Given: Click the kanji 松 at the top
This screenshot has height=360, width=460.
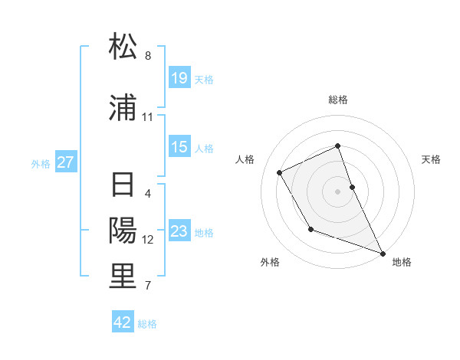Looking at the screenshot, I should tap(123, 47).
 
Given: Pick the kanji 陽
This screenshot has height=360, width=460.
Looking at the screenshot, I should tap(123, 231).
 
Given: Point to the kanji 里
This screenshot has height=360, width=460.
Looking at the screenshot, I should tap(123, 277).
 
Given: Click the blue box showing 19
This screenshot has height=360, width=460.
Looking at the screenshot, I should tap(179, 78).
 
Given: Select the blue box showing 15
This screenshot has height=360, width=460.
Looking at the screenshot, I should tap(179, 147).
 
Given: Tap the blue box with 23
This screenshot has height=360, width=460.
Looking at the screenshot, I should tap(179, 231).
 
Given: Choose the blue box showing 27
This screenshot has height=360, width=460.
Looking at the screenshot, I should tap(66, 162).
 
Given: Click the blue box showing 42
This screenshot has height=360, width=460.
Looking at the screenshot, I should tap(123, 322).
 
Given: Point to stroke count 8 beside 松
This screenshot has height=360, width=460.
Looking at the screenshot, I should tap(148, 56).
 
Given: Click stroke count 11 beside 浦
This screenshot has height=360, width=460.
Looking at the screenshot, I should tap(148, 117).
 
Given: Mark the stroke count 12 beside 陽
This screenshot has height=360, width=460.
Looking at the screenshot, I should tap(148, 240).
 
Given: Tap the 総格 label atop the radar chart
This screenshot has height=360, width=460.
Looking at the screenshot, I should tap(338, 100).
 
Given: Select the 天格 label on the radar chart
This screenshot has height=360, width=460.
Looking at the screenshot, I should tap(432, 159).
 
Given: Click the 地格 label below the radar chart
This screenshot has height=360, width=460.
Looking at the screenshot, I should tap(402, 262).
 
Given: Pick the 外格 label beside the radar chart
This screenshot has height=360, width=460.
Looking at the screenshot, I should tap(270, 262).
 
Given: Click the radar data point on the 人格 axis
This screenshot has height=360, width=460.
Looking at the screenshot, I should tap(280, 173).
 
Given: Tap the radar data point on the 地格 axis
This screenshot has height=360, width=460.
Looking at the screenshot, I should tap(383, 253).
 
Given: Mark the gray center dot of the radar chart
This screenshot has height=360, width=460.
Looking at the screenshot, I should tap(338, 191).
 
